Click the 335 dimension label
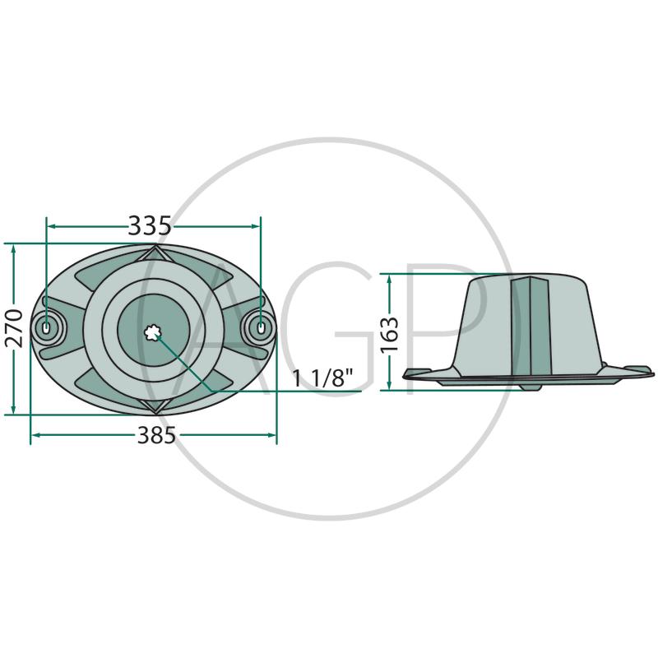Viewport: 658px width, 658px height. [150, 225]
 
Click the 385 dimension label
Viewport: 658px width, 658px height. [156, 435]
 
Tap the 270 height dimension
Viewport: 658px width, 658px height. [14, 328]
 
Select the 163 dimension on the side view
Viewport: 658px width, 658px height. [389, 335]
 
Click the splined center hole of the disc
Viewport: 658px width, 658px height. [152, 333]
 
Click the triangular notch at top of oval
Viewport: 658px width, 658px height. [155, 253]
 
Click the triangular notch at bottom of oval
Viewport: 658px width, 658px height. [155, 405]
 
